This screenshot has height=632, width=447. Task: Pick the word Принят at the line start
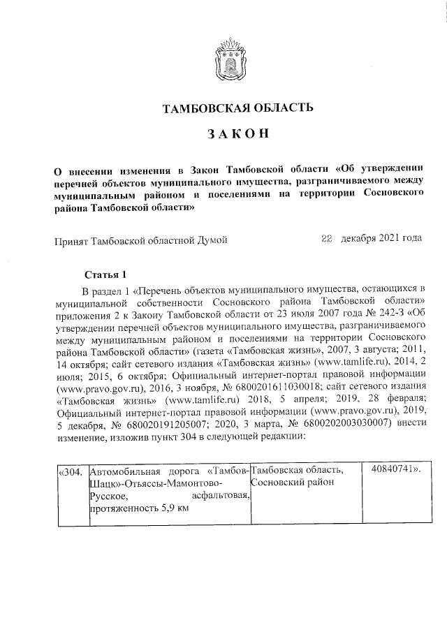coord(69,240)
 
